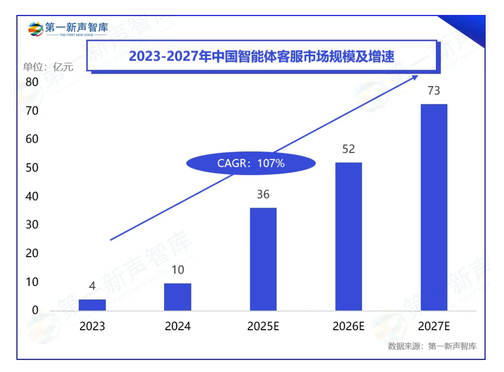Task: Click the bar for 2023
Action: pyautogui.click(x=92, y=305)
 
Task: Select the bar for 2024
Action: pyautogui.click(x=178, y=297)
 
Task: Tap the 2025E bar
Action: pyautogui.click(x=263, y=259)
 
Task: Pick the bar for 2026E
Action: pyautogui.click(x=348, y=236)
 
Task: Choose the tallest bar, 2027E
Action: pyautogui.click(x=434, y=207)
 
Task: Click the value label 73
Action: pyautogui.click(x=434, y=91)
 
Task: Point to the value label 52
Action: pyautogui.click(x=348, y=149)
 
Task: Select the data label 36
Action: pyautogui.click(x=263, y=195)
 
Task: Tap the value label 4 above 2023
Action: pyautogui.click(x=92, y=286)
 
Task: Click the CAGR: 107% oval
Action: pyautogui.click(x=251, y=163)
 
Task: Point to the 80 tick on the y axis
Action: pyautogui.click(x=32, y=82)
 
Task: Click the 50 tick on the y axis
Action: pyautogui.click(x=32, y=168)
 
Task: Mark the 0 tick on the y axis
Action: pyautogui.click(x=35, y=310)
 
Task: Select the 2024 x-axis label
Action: pyautogui.click(x=178, y=326)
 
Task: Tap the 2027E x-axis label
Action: pyautogui.click(x=434, y=326)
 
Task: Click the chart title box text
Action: pyautogui.click(x=262, y=57)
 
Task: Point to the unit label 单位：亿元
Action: pyautogui.click(x=48, y=67)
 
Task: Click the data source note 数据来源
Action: pyautogui.click(x=432, y=346)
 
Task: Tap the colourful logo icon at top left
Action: pyautogui.click(x=36, y=29)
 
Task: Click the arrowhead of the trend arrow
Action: pyautogui.click(x=415, y=77)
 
